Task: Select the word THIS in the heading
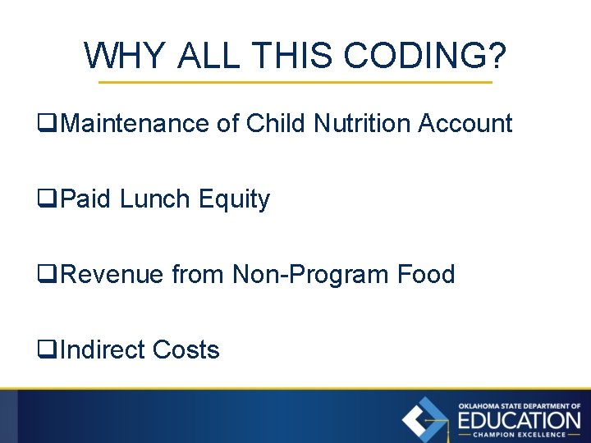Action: pyautogui.click(x=295, y=56)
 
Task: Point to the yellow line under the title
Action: pyautogui.click(x=295, y=83)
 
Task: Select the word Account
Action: pyautogui.click(x=465, y=124)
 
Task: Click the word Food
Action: pyautogui.click(x=425, y=274)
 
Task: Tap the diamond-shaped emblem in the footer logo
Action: pyautogui.click(x=425, y=419)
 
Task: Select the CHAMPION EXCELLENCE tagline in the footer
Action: pyautogui.click(x=519, y=435)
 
